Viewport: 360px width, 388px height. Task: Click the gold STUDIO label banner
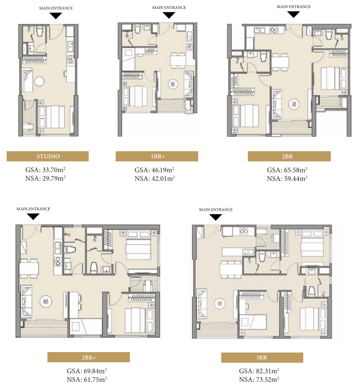47,157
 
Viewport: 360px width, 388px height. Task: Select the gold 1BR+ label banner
157,157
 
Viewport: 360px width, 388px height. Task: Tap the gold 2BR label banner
289,157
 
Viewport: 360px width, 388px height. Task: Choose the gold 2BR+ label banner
89,357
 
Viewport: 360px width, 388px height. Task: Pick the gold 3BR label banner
262,357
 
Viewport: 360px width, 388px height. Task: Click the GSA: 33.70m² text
45,170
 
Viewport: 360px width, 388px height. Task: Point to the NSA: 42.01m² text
155,178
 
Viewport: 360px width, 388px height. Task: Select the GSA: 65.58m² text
287,170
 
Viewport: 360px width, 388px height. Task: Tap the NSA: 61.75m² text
86,379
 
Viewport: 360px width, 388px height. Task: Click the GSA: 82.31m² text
259,371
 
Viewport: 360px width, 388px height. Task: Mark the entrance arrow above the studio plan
56,16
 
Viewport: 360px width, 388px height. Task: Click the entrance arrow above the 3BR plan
215,217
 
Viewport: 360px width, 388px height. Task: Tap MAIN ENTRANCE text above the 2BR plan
293,7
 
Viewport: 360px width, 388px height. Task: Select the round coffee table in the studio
39,81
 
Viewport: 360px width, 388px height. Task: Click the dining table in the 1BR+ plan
178,60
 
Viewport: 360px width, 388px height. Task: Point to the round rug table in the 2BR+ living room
46,302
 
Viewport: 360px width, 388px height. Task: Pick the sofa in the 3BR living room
201,304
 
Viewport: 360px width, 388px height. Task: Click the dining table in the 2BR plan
280,62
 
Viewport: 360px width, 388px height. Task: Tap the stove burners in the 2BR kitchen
274,30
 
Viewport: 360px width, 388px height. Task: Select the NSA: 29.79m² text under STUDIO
45,178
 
